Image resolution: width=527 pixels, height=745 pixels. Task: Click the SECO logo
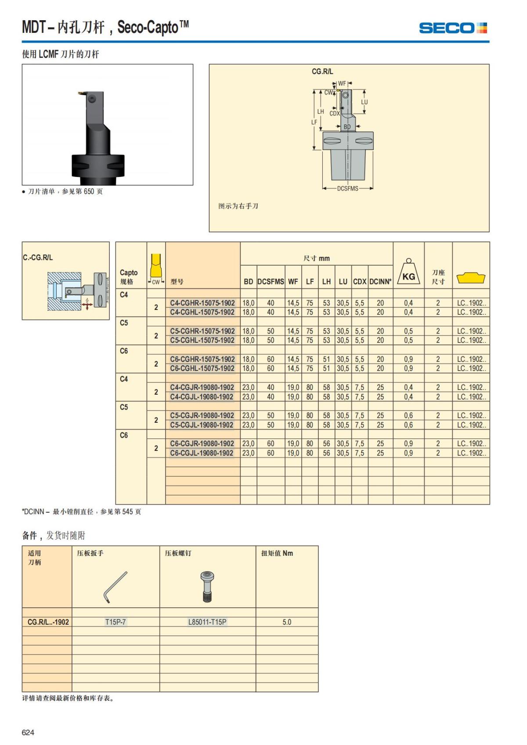[453, 28]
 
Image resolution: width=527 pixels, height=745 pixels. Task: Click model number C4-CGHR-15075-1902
[202, 303]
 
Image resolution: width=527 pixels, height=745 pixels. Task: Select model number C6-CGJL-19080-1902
[202, 453]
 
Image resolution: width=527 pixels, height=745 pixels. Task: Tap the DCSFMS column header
[271, 281]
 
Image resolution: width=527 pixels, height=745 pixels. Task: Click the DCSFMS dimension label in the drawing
[348, 188]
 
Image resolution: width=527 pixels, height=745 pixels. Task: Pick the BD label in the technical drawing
[347, 127]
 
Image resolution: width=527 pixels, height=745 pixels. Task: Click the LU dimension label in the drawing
[365, 102]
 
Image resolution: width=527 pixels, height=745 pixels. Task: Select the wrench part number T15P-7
[116, 622]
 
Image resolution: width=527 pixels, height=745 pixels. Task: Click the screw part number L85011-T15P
[207, 622]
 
